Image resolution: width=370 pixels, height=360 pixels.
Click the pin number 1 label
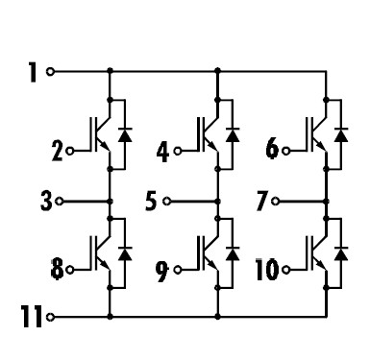34,72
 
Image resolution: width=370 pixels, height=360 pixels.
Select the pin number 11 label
31,314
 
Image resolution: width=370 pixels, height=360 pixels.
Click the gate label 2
57,152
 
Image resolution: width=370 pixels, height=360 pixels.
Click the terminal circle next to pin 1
50,72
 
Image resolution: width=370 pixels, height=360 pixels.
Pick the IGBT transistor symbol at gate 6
316,135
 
